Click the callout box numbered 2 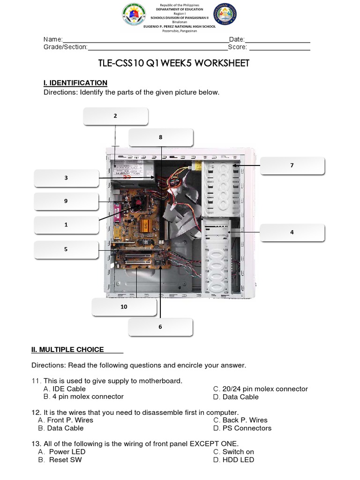click(115, 116)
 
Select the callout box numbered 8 click(161, 138)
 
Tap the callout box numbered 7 click(292, 165)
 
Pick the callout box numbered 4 click(292, 232)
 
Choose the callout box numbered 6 click(160, 327)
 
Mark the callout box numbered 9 click(66, 201)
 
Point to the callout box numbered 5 click(66, 249)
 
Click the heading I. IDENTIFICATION click(75, 83)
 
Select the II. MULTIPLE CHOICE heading click(68, 350)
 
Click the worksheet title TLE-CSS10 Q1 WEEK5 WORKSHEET click(173, 63)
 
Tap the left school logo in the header click(134, 15)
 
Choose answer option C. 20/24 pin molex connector click(261, 389)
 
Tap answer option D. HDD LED click(233, 460)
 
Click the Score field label click(238, 47)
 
